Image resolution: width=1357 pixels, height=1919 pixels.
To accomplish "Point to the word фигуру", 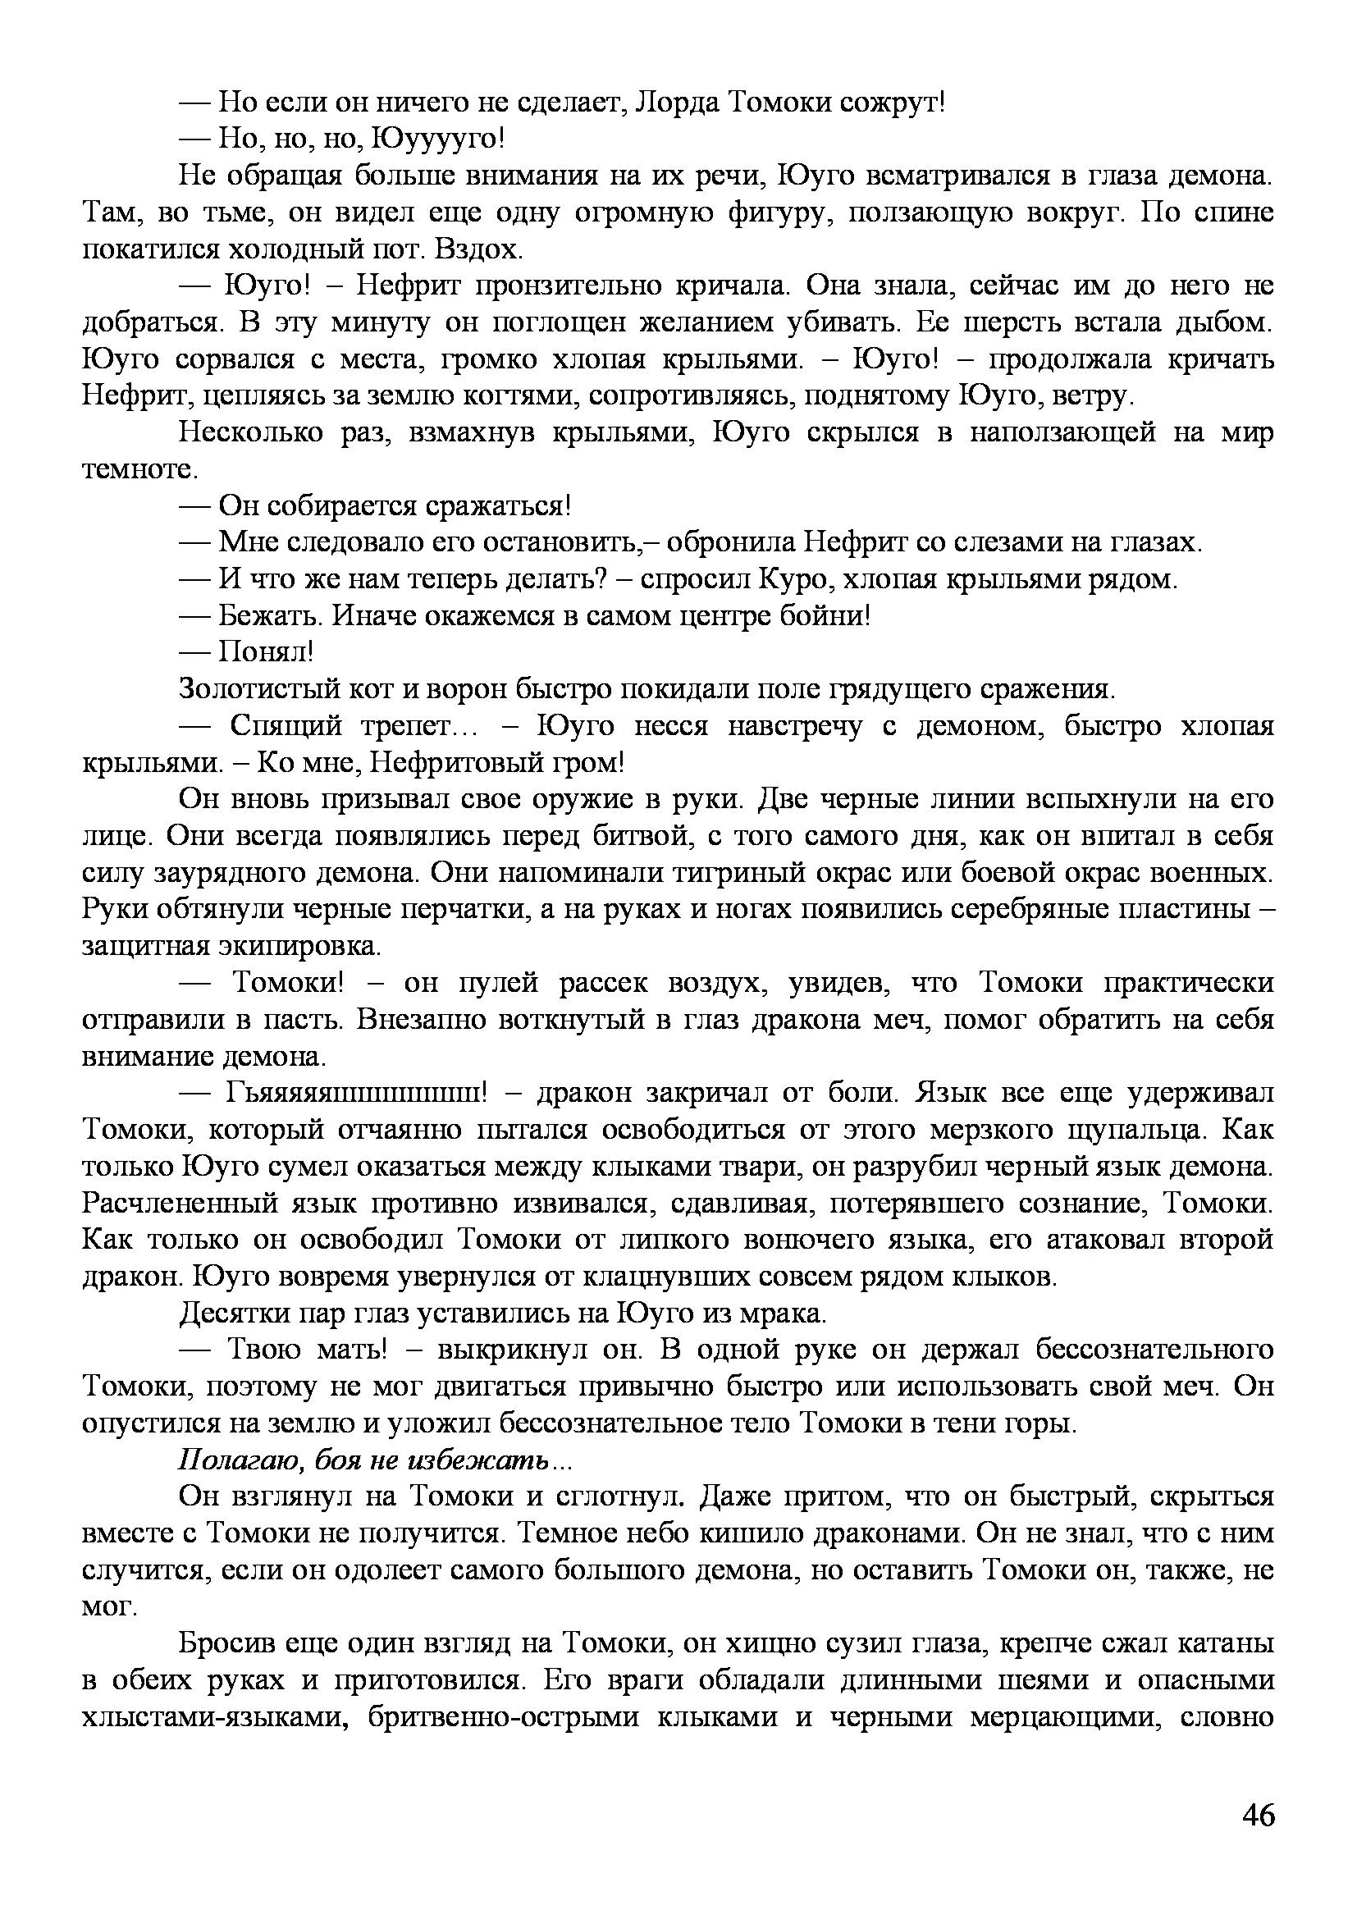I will [x=781, y=212].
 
